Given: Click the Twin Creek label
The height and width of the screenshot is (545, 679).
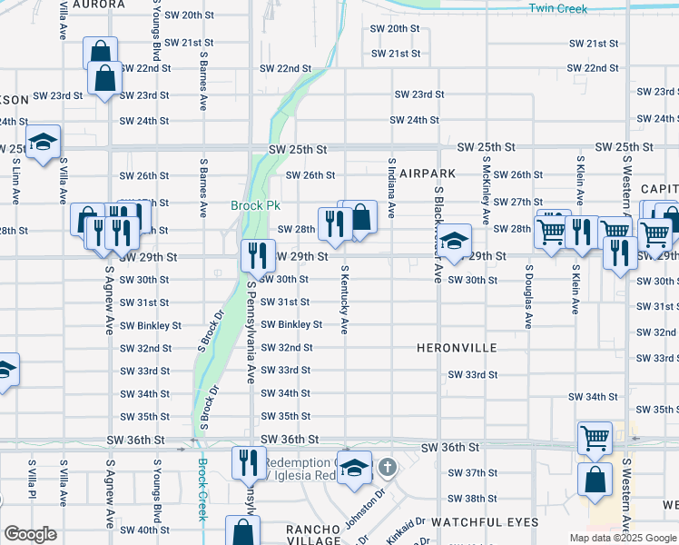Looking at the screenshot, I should coord(558,9).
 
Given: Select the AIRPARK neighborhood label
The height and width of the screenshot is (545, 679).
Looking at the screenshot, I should coord(426,173).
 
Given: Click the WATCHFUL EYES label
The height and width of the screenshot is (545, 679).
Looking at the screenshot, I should coord(484,522).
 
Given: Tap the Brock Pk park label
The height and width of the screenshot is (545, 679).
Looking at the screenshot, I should coord(248,205).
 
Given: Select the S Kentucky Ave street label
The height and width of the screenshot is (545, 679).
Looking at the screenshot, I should coord(344,300).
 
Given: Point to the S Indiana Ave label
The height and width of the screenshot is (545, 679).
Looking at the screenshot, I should coord(391,188).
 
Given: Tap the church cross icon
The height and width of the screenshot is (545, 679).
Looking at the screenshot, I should coord(388,468).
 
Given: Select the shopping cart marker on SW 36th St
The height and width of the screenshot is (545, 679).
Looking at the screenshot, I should coord(595,438).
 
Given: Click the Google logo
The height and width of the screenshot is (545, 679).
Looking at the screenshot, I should coord(30,534).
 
